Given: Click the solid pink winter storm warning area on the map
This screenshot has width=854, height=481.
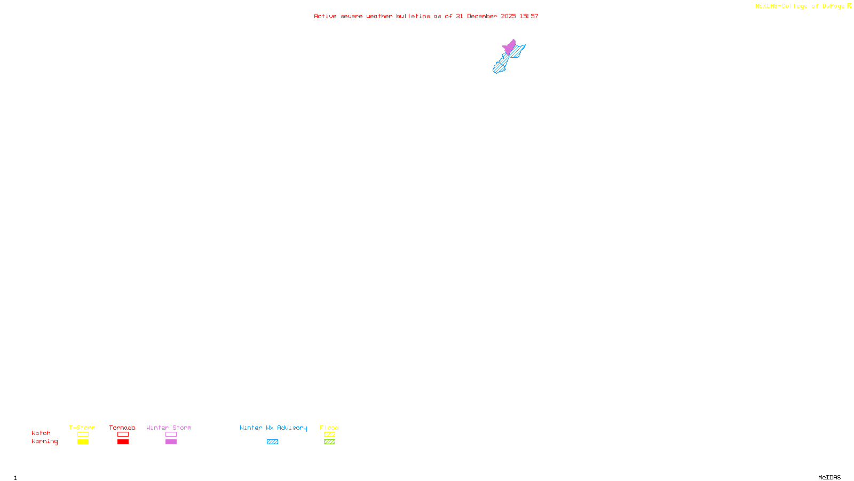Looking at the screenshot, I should click(510, 47).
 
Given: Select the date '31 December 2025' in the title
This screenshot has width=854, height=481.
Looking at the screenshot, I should click(486, 17).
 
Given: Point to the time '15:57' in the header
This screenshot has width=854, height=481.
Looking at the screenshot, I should click(529, 17).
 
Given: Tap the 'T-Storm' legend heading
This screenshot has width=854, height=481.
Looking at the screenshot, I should click(82, 428).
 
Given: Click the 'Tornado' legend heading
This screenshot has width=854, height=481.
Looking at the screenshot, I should click(122, 428).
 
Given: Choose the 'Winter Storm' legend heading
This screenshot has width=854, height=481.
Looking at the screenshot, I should click(169, 428).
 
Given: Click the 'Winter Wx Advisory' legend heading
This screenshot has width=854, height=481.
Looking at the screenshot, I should click(273, 428).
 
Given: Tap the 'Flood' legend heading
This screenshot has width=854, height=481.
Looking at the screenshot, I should click(329, 428).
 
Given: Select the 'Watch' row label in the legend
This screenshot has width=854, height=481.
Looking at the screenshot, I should click(41, 433).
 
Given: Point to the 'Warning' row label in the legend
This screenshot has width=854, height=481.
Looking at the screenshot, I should click(44, 441).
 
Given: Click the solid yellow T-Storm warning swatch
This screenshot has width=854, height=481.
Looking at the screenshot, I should click(83, 442).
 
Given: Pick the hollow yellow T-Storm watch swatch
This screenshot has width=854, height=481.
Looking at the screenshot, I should click(83, 435).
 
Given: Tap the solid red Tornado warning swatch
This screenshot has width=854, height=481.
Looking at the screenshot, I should click(123, 442).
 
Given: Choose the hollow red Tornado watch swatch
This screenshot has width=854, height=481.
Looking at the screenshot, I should click(123, 435).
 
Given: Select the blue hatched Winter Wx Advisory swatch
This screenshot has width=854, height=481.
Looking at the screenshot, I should click(272, 442).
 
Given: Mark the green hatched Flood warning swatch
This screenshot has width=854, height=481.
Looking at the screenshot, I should click(329, 442).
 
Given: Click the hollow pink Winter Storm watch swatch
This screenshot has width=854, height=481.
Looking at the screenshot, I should click(171, 435).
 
